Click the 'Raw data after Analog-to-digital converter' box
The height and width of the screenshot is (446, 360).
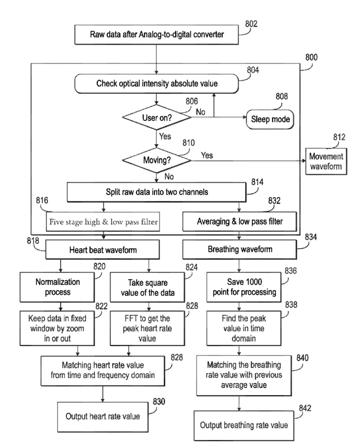pyautogui.click(x=156, y=34)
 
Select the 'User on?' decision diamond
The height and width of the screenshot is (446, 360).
pyautogui.click(x=156, y=118)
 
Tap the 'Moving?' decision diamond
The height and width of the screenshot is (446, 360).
pyautogui.click(x=156, y=160)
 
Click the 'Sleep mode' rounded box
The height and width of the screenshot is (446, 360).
pyautogui.click(x=270, y=119)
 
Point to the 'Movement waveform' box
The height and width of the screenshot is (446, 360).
pyautogui.click(x=326, y=161)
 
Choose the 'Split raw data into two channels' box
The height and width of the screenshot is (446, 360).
pyautogui.click(x=156, y=192)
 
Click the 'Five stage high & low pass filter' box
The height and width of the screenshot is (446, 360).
pyautogui.click(x=103, y=221)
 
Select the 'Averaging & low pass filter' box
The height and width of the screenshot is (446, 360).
pyautogui.click(x=240, y=221)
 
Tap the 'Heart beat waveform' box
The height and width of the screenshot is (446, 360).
pyautogui.click(x=103, y=249)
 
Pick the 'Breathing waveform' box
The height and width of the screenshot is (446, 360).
pyautogui.click(x=240, y=249)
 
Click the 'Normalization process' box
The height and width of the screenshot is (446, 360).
pyautogui.click(x=57, y=287)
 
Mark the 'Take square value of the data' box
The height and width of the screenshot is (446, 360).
pyautogui.click(x=147, y=287)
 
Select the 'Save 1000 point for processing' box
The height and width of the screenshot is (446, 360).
pyautogui.click(x=244, y=287)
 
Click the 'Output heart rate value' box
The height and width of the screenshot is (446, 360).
pyautogui.click(x=103, y=417)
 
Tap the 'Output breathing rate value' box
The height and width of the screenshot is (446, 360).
pyautogui.click(x=244, y=426)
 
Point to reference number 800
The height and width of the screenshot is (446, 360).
pyautogui.click(x=311, y=57)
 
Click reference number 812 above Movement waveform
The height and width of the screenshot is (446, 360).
pyautogui.click(x=339, y=137)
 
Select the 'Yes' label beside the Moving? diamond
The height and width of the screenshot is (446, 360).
pyautogui.click(x=207, y=155)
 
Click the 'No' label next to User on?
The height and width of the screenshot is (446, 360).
pyautogui.click(x=200, y=112)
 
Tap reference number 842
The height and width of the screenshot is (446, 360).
pyautogui.click(x=305, y=408)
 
